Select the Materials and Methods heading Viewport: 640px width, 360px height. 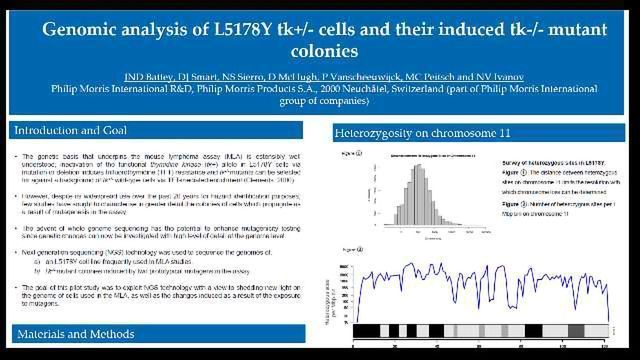pyautogui.click(x=73, y=333)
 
